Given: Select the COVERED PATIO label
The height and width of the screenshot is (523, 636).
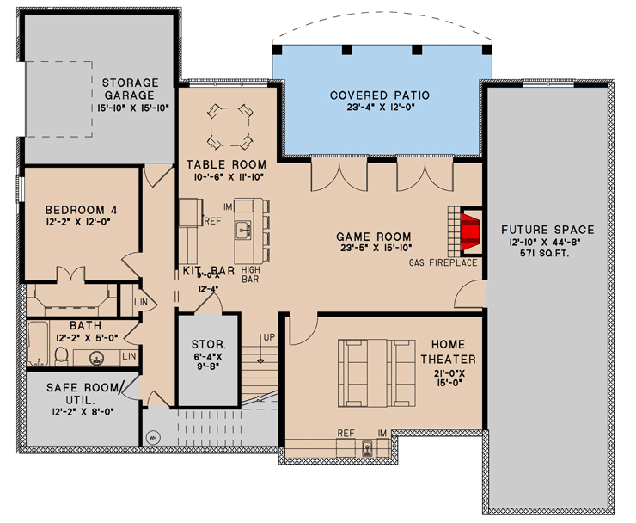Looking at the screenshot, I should click(379, 95).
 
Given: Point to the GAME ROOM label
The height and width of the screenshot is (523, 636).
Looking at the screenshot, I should click(373, 237).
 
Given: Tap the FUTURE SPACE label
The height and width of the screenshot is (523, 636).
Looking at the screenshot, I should click(547, 230).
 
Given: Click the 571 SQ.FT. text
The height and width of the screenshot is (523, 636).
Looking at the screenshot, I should click(547, 255).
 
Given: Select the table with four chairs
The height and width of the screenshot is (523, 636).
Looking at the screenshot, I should click(230, 125).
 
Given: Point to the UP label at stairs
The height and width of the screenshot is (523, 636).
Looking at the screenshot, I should click(268, 336).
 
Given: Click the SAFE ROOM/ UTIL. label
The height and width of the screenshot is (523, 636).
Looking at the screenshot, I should click(83, 394).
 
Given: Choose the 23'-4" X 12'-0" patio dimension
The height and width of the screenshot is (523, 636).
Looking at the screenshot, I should click(379, 108).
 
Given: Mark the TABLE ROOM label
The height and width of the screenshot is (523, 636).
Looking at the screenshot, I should click(226, 164).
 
